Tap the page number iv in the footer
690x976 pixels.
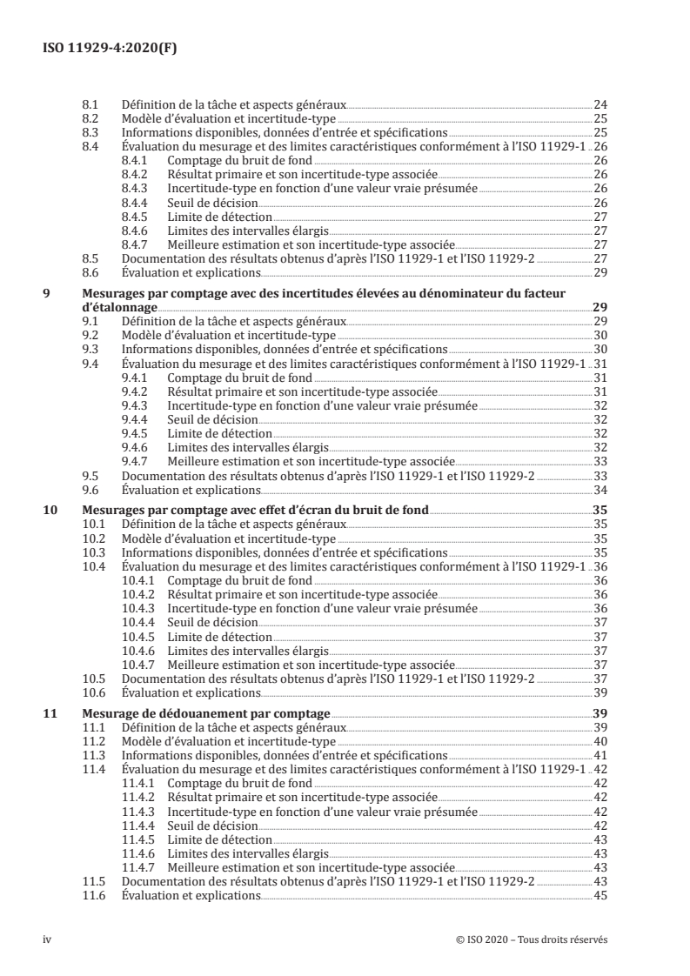tap(48, 939)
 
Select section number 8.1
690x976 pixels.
tap(90, 104)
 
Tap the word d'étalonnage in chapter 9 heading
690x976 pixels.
tap(119, 307)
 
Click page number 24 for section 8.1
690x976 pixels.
tap(600, 104)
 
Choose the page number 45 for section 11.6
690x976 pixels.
tap(600, 896)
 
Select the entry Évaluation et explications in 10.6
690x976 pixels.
tap(191, 692)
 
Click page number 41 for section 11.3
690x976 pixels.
tap(600, 755)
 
